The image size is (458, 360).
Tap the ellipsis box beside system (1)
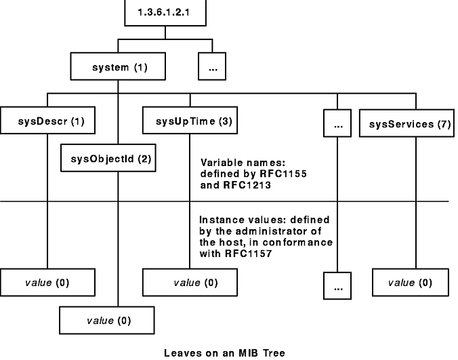click(211, 68)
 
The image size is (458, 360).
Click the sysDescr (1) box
click(47, 124)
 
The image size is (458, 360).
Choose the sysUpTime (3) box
click(189, 124)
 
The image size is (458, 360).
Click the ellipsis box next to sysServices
click(337, 124)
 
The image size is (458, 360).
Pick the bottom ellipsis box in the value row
click(337, 285)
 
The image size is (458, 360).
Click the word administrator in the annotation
click(257, 232)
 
